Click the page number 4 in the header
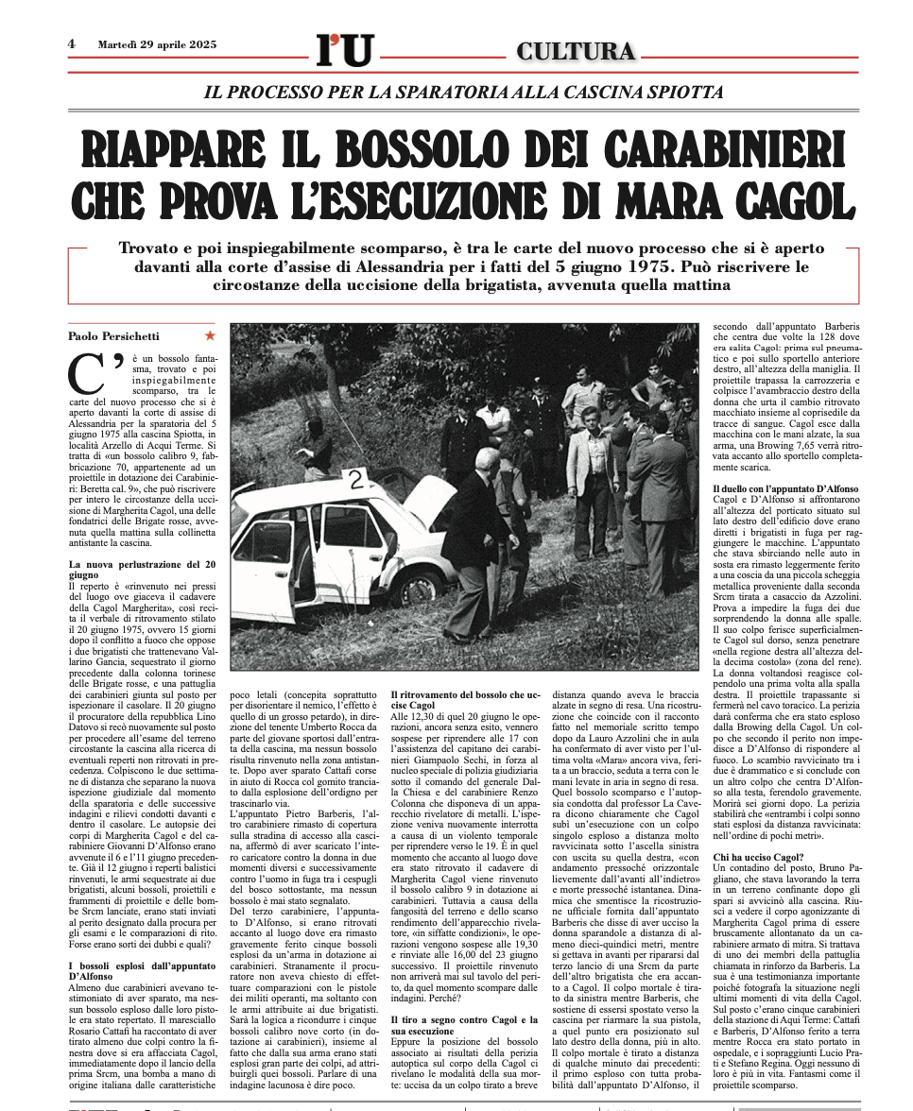click(x=72, y=43)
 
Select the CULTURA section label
click(x=576, y=51)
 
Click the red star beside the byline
click(x=210, y=335)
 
